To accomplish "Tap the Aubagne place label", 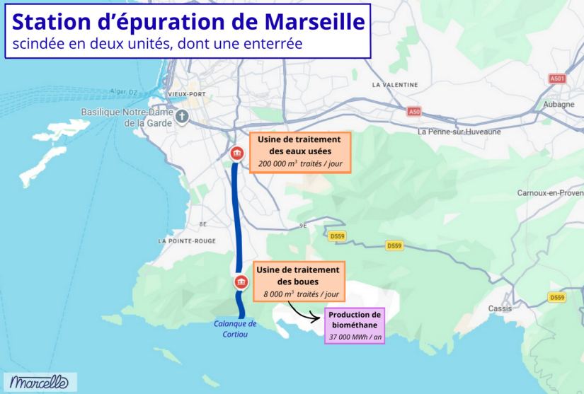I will (x=559, y=104).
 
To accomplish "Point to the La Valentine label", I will (x=395, y=84).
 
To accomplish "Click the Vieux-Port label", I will (x=186, y=94).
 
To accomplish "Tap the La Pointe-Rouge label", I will (x=187, y=241).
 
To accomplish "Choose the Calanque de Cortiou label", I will (x=235, y=329).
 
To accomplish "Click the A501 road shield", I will (x=557, y=79).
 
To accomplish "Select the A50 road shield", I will (x=414, y=111).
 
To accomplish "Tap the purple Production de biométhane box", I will (x=355, y=325).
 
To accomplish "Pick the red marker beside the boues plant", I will (x=241, y=282).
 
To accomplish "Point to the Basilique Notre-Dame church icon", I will (x=182, y=117).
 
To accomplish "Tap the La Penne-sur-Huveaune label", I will (x=459, y=132).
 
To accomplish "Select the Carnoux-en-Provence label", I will (x=549, y=192).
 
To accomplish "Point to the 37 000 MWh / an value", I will (x=355, y=337).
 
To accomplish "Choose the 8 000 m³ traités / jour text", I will (x=301, y=294).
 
